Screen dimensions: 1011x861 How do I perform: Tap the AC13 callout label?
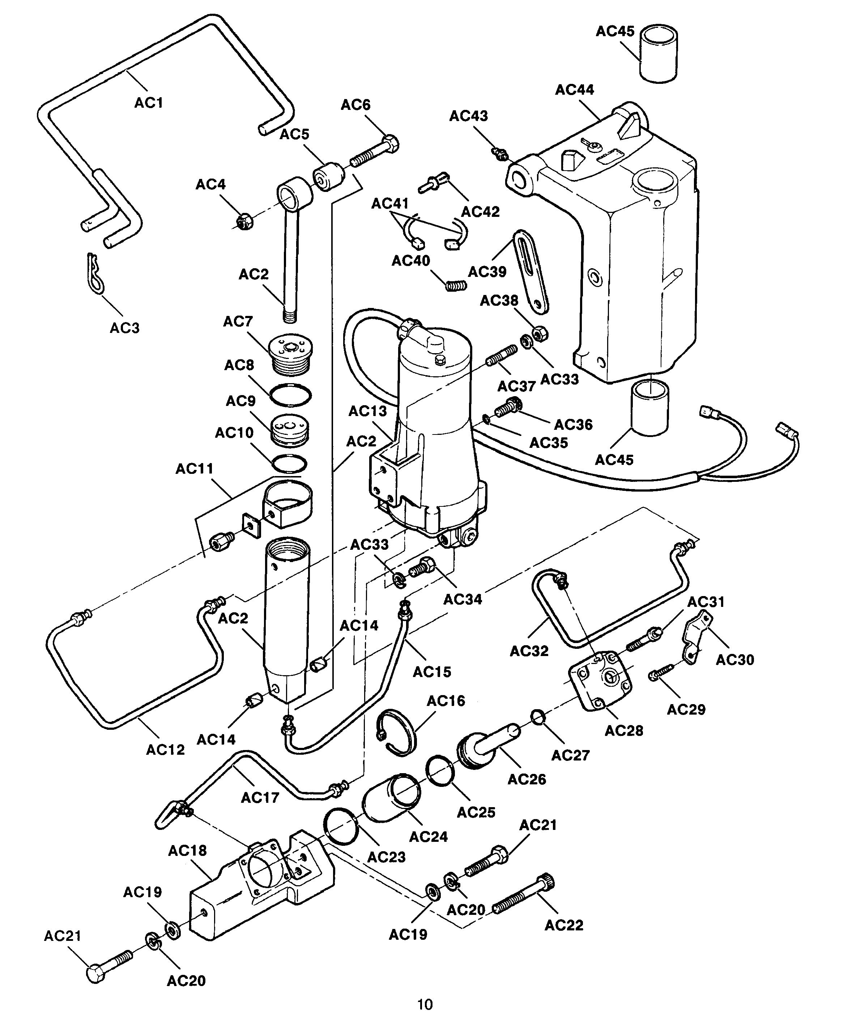tap(367, 411)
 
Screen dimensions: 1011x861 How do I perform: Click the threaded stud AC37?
tap(501, 355)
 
